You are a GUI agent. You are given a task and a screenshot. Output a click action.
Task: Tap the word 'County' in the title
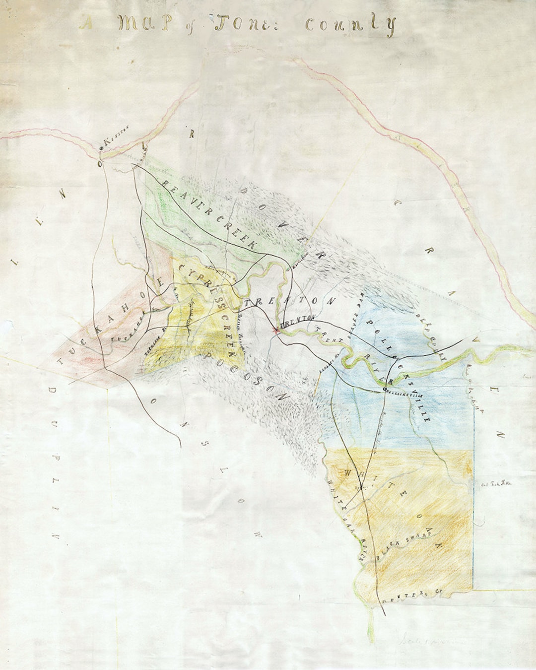tap(350, 25)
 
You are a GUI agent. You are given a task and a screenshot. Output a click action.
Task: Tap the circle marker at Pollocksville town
tap(385, 389)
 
